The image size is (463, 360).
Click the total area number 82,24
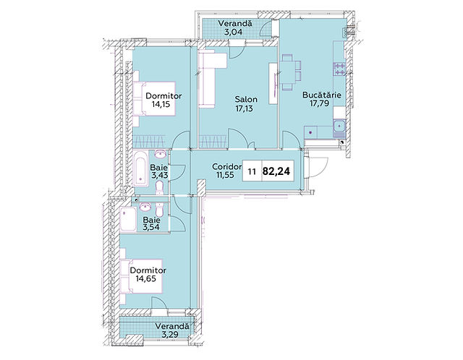tap(276, 171)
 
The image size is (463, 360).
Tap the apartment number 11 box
tap(252, 171)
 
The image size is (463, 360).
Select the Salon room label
tap(246, 100)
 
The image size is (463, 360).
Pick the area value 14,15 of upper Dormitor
tap(161, 104)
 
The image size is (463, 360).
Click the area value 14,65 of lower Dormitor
tap(145, 278)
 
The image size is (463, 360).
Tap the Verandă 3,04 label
tap(234, 27)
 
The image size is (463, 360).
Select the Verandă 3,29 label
tap(172, 330)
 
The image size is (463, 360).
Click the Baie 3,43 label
tap(159, 171)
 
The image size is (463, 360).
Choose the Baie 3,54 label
tap(151, 223)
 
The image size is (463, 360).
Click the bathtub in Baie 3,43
tap(140, 168)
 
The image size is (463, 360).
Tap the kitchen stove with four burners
tap(339, 69)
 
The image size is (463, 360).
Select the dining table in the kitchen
tap(289, 72)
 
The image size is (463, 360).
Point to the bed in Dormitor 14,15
tap(154, 99)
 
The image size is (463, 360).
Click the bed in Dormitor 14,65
tap(141, 276)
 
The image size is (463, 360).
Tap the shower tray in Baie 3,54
tap(128, 220)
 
